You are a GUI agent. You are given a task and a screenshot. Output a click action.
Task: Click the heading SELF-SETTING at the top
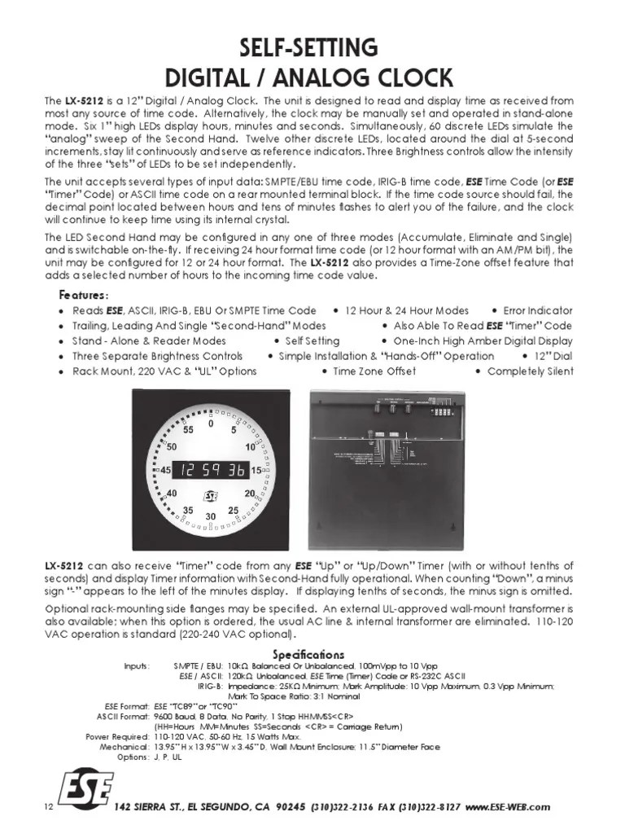(312, 46)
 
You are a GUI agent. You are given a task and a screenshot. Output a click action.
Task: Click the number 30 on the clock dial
(211, 516)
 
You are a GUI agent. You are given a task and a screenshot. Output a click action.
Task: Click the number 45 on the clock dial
(165, 471)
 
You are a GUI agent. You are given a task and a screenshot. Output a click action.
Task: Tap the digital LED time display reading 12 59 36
(212, 470)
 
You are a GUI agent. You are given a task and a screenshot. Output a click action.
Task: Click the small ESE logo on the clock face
(211, 494)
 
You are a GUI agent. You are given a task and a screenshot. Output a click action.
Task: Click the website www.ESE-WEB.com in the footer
(509, 806)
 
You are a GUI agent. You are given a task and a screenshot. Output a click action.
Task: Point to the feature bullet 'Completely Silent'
(530, 371)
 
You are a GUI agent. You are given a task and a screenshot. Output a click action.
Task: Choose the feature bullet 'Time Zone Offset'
(374, 371)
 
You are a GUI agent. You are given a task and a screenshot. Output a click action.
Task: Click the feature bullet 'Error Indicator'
(537, 311)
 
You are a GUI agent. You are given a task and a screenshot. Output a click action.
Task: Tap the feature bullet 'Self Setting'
(312, 341)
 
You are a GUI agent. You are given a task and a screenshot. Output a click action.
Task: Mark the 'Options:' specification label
(133, 757)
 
